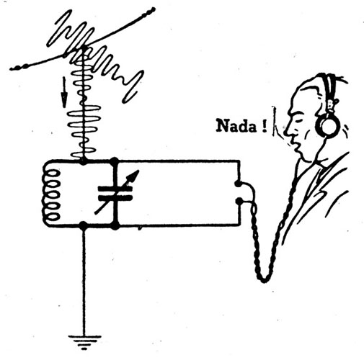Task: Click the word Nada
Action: (x=236, y=125)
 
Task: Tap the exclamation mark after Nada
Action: (x=265, y=126)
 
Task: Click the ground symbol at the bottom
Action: (x=84, y=342)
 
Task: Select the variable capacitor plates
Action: (x=115, y=194)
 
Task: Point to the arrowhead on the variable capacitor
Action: (x=135, y=175)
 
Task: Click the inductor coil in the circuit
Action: (x=51, y=195)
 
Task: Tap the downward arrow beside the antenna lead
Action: (x=64, y=92)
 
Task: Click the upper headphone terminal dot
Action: (x=238, y=184)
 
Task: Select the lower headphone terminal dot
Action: (x=239, y=201)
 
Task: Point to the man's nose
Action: (x=286, y=131)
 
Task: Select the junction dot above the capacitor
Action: (x=114, y=161)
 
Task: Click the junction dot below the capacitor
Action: (x=115, y=225)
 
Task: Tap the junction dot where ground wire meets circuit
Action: (x=83, y=225)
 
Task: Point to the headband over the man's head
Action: (x=329, y=89)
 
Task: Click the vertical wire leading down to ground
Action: (x=84, y=282)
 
